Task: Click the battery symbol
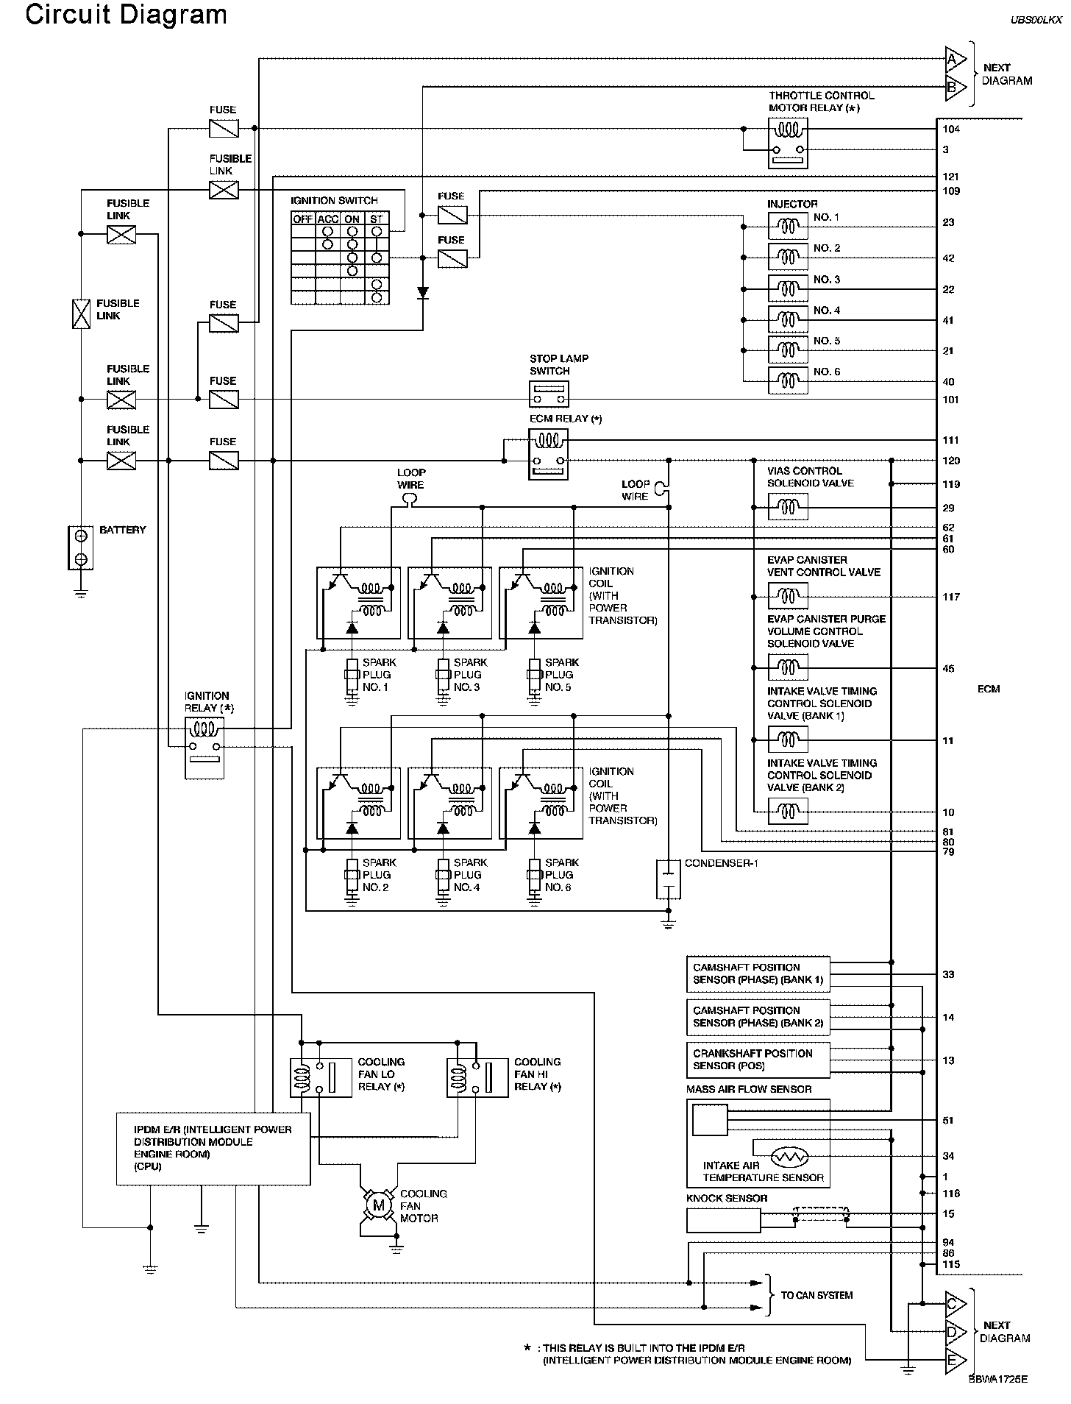coord(82,547)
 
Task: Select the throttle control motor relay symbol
coord(788,143)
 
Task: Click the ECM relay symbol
coord(548,455)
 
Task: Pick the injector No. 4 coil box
coord(788,320)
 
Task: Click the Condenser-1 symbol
coord(668,879)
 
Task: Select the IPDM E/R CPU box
coord(213,1149)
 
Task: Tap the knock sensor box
coord(723,1221)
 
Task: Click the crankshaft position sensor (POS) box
coord(758,1060)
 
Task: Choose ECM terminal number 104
coord(951,129)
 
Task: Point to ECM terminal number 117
coord(951,597)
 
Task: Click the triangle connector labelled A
coord(956,59)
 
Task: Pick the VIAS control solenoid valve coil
coord(788,507)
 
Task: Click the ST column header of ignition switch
coord(377,219)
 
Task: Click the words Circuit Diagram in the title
coord(126,15)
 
